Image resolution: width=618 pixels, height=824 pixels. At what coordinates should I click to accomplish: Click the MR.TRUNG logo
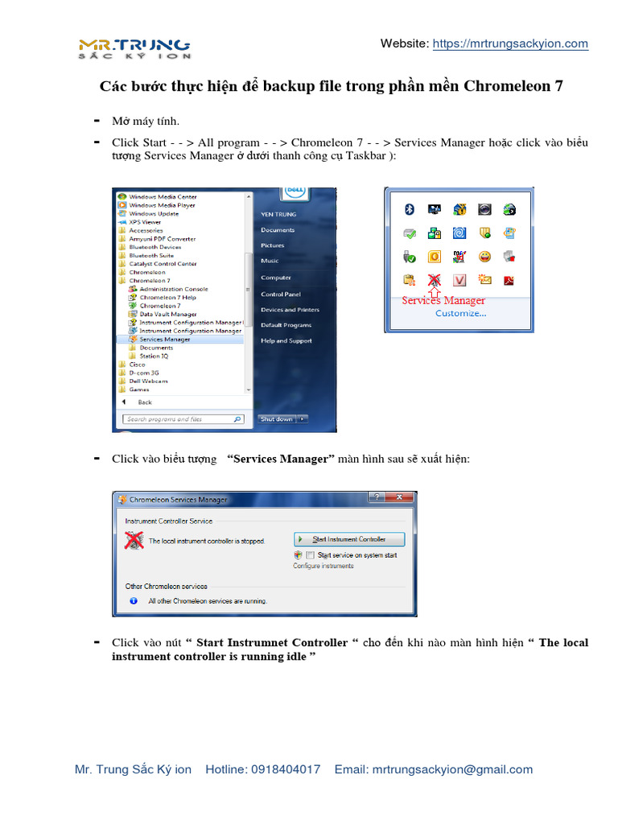134,47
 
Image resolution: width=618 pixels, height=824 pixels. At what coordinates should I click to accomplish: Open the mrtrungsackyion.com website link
510,43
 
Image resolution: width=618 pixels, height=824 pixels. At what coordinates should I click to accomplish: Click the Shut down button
276,419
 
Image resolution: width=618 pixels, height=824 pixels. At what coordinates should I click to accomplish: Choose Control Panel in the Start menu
280,294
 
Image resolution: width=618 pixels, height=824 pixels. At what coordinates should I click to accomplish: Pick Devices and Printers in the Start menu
290,310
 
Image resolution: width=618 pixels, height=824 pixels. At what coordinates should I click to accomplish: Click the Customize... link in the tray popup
460,313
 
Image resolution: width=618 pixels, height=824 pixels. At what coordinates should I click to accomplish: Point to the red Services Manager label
443,300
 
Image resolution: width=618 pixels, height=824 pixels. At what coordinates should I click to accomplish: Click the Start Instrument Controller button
348,539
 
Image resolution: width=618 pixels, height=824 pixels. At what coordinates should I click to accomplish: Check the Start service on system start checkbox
311,555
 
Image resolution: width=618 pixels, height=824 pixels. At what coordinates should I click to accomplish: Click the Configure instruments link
323,566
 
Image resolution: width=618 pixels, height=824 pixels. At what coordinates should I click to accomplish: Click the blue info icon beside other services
133,600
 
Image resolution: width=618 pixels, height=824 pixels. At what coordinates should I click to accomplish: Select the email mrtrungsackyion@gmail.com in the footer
452,769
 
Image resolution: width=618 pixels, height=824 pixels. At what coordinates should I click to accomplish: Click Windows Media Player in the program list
162,205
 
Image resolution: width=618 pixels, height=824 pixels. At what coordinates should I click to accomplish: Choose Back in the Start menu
144,402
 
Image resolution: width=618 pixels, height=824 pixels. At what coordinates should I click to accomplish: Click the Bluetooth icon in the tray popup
409,209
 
